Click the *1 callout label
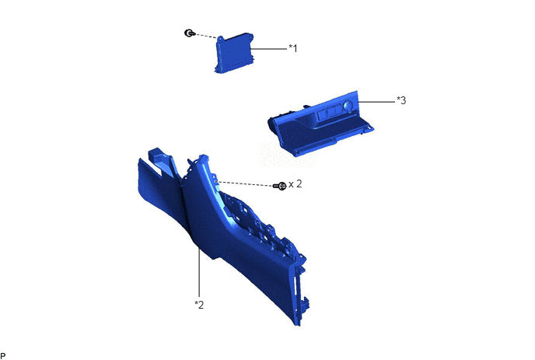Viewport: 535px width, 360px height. coord(293,48)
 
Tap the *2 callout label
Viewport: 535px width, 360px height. coord(199,304)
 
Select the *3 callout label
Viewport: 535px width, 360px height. coord(401,100)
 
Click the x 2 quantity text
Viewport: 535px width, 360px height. coord(295,184)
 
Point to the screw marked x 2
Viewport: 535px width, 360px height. coord(280,186)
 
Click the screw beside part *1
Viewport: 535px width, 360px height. coord(189,33)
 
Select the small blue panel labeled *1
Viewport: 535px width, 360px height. coord(234,53)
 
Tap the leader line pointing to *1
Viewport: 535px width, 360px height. coord(268,49)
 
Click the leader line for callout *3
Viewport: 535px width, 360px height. coord(376,101)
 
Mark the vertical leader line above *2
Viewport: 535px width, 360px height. coord(199,272)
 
